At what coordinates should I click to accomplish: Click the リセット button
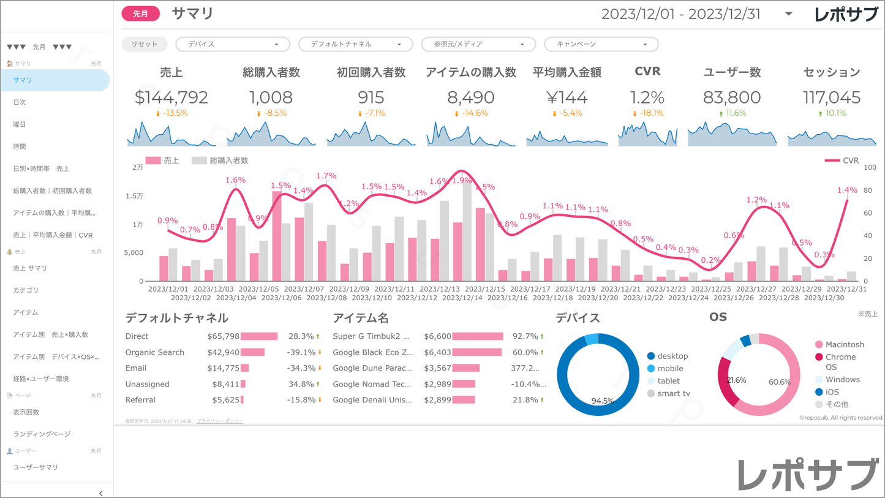pyautogui.click(x=145, y=44)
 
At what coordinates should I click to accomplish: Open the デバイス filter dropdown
pyautogui.click(x=233, y=44)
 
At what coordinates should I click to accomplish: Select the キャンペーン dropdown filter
pyautogui.click(x=601, y=44)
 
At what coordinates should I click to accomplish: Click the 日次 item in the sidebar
pyautogui.click(x=20, y=102)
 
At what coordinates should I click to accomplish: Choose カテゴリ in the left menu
pyautogui.click(x=26, y=290)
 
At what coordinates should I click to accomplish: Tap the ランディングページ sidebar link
pyautogui.click(x=42, y=434)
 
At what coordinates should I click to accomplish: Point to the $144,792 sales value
pyautogui.click(x=171, y=97)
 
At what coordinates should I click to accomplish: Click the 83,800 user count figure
pyautogui.click(x=732, y=97)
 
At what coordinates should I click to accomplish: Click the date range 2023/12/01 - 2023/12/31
pyautogui.click(x=681, y=14)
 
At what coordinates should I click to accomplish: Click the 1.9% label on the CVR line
pyautogui.click(x=462, y=181)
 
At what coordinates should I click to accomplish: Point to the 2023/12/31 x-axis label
pyautogui.click(x=847, y=289)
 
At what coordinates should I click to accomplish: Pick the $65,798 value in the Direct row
pyautogui.click(x=224, y=336)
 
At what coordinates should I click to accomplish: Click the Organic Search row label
pyautogui.click(x=155, y=352)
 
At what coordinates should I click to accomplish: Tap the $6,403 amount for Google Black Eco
pyautogui.click(x=437, y=352)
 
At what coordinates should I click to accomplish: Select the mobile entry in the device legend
pyautogui.click(x=670, y=369)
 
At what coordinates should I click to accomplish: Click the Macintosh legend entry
pyautogui.click(x=845, y=345)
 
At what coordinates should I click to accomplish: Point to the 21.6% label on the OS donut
pyautogui.click(x=736, y=380)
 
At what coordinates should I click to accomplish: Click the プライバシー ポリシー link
pyautogui.click(x=220, y=421)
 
